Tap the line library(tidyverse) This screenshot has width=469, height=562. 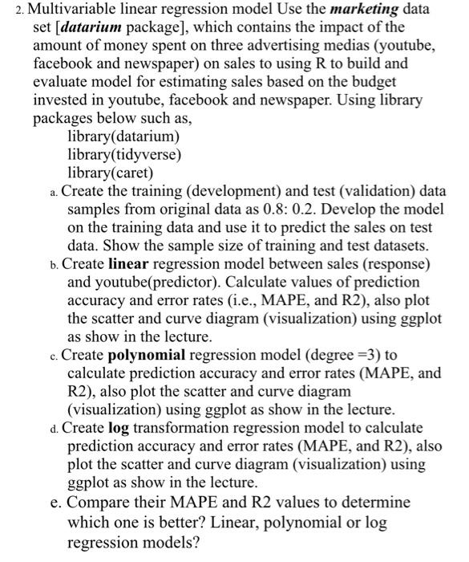[124, 153]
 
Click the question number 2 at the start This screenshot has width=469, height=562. [10, 10]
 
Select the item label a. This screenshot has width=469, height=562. [53, 193]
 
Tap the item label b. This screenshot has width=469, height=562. [53, 264]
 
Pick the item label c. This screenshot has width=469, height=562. [53, 356]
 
